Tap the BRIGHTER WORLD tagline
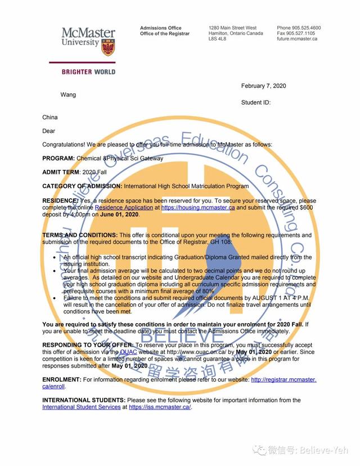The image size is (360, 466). (x=89, y=72)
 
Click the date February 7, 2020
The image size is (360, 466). (x=263, y=86)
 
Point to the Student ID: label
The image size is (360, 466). (x=255, y=103)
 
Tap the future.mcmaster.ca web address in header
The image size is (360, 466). (x=297, y=39)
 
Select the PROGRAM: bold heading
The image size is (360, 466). (x=58, y=159)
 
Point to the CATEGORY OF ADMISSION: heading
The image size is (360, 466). (x=82, y=186)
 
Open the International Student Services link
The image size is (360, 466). (x=81, y=407)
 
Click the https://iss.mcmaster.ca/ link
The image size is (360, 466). (x=160, y=407)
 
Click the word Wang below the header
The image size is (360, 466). (x=68, y=95)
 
